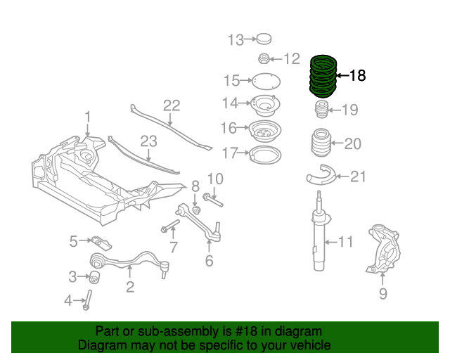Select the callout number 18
pos(357,75)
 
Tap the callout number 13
pos(235,39)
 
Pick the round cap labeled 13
pos(264,39)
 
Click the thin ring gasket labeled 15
pos(266,81)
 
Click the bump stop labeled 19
pos(321,111)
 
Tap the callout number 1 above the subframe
pos(88,116)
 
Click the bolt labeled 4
pos(89,300)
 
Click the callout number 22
pos(172,106)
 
